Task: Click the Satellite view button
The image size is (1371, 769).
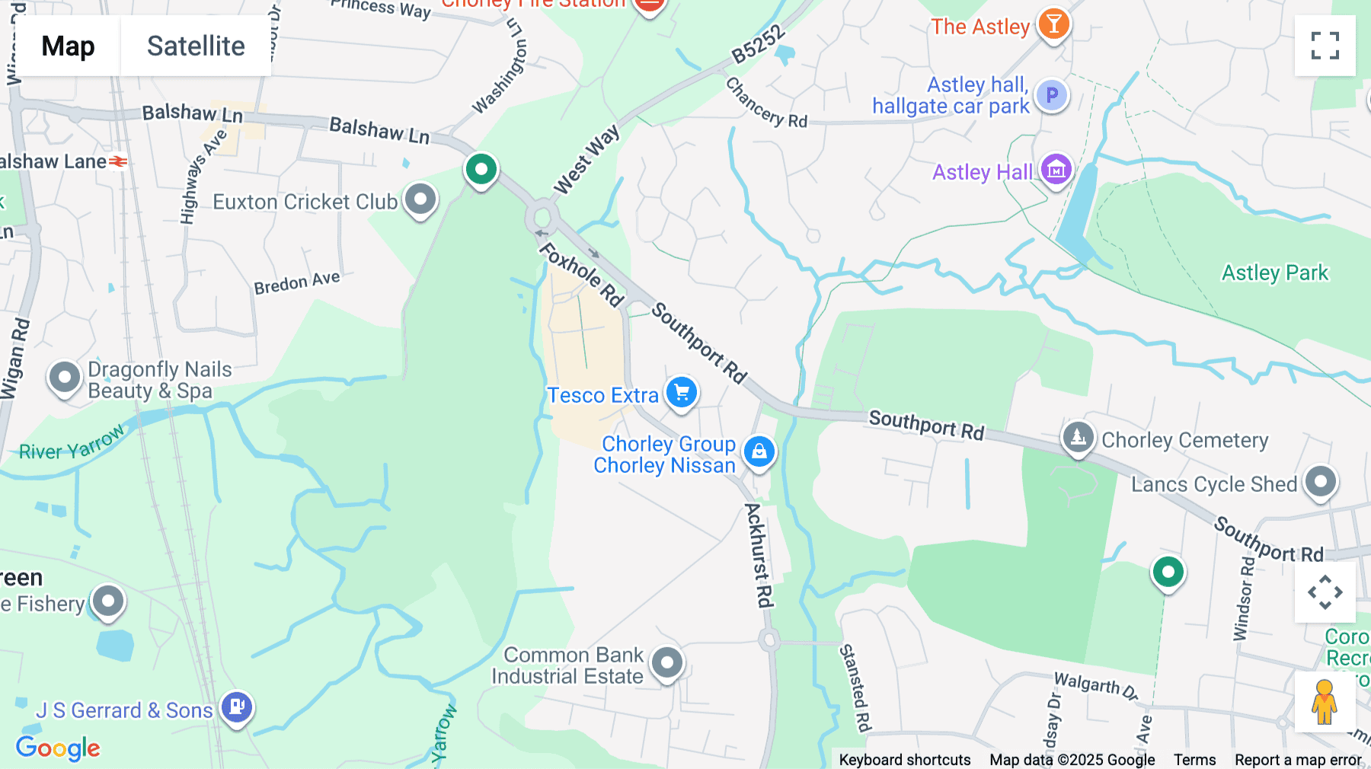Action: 196,46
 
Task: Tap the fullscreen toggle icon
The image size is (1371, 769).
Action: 1325,46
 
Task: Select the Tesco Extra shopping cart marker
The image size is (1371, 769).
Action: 682,393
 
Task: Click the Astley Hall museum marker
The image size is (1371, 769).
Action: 1056,170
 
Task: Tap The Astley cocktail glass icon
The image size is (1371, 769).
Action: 1053,24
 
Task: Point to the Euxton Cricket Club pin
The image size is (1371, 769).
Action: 420,200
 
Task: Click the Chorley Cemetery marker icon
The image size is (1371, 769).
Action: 1078,438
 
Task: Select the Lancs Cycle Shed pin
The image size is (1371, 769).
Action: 1320,482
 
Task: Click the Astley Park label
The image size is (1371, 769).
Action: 1274,273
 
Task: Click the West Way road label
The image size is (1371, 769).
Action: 586,161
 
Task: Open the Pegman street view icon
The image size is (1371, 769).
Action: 1324,702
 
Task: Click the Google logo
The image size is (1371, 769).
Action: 58,748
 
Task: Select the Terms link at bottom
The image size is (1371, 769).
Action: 1194,760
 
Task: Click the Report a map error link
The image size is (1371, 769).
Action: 1298,760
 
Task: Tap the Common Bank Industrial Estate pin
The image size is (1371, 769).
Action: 667,662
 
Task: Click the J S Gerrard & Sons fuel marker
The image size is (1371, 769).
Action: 237,707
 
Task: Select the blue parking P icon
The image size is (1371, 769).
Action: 1052,96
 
